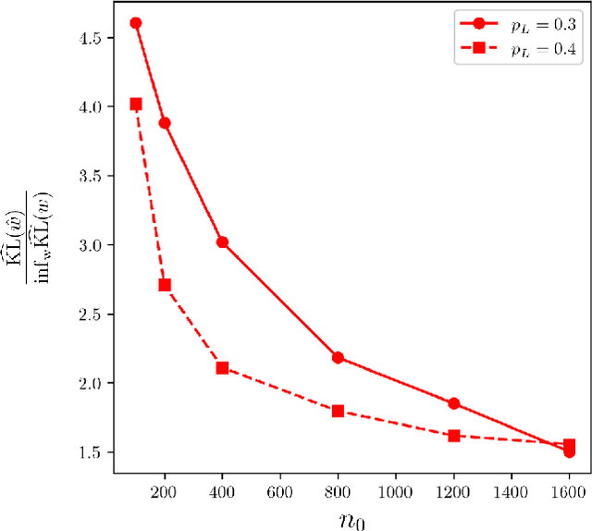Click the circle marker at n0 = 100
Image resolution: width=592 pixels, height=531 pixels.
tap(136, 23)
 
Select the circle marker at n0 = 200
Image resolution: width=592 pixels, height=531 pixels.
tap(165, 123)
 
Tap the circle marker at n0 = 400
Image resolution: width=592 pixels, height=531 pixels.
tap(222, 242)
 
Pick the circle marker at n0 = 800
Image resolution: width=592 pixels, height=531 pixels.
tap(338, 358)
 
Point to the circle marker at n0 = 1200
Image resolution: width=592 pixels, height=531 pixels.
tap(454, 403)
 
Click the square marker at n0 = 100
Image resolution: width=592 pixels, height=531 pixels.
tap(136, 105)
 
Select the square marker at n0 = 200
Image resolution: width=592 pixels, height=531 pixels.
tap(165, 285)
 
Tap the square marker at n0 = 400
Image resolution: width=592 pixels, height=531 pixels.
tap(222, 368)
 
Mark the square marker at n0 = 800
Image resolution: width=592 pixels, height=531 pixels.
tap(338, 411)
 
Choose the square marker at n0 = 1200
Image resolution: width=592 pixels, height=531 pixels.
tap(454, 435)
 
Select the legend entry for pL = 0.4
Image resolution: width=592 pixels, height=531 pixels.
tap(519, 52)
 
